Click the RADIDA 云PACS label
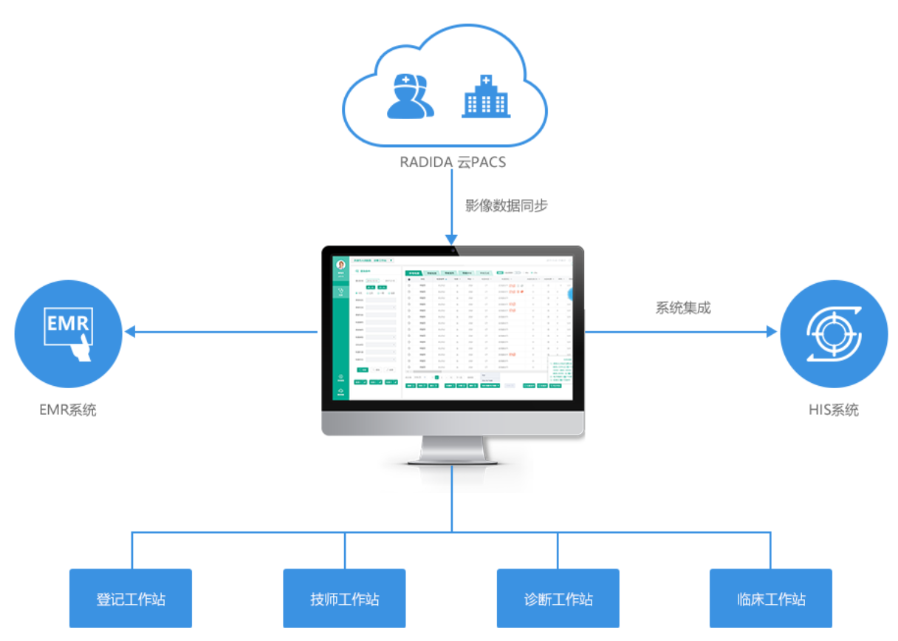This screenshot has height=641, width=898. click(453, 162)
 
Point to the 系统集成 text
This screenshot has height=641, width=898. click(682, 308)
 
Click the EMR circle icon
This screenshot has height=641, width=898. click(68, 333)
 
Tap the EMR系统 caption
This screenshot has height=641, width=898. click(68, 409)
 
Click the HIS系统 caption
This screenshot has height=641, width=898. click(834, 409)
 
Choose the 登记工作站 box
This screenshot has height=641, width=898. click(131, 598)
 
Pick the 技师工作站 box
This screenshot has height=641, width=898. click(344, 598)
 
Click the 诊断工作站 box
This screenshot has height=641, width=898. click(558, 598)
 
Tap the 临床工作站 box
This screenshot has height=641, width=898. click(771, 598)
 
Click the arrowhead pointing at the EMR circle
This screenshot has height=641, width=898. click(130, 332)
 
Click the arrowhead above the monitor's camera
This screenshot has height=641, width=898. click(452, 237)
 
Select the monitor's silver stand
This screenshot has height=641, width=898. click(453, 449)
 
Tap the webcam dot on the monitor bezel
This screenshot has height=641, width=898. click(453, 250)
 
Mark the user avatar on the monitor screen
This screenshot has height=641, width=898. click(340, 265)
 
